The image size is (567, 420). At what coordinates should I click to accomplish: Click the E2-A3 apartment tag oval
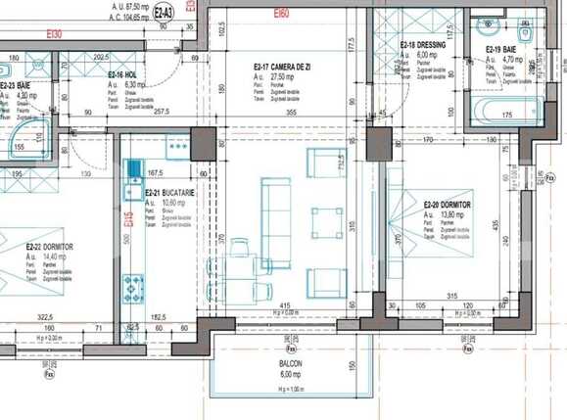[x=165, y=13]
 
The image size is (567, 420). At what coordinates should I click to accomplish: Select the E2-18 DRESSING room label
[x=422, y=46]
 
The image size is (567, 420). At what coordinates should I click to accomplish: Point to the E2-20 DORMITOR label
[x=447, y=205]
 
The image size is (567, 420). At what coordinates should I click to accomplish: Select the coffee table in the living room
[x=326, y=222]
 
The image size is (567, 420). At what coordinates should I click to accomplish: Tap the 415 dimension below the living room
[x=284, y=306]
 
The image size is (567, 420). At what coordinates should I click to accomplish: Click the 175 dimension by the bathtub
[x=507, y=117]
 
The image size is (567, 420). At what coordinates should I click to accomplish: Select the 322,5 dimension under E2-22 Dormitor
[x=36, y=318]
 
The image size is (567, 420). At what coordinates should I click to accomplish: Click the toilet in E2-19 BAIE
[x=525, y=33]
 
